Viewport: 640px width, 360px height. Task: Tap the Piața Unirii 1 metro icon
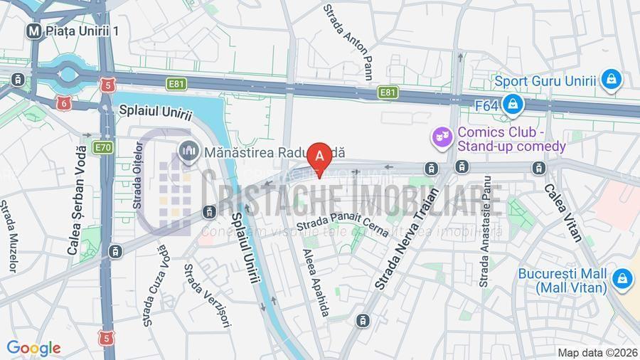(32, 31)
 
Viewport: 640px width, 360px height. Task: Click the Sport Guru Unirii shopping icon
(610, 80)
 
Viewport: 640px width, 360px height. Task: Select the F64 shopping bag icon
(511, 105)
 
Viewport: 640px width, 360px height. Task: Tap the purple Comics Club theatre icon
(442, 136)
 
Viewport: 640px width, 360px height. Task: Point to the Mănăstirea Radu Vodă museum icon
(188, 152)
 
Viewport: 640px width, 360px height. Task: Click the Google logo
(33, 348)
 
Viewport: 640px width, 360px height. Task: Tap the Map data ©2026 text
(597, 352)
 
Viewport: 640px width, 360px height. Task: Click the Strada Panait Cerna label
(343, 226)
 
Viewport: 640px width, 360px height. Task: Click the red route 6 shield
(64, 103)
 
